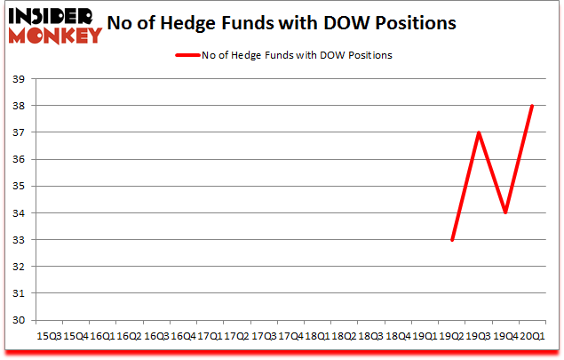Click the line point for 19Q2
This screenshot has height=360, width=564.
coord(453,240)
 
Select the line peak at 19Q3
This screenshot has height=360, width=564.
coord(479,132)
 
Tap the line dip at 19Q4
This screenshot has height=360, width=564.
coord(504,213)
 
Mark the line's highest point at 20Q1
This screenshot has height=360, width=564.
coord(531,106)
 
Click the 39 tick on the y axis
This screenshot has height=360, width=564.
coord(17,79)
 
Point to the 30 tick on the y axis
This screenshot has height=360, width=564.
coord(17,320)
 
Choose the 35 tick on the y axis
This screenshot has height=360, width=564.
coord(17,187)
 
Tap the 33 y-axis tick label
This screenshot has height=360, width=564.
coord(17,240)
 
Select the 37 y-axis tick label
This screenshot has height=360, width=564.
coord(17,132)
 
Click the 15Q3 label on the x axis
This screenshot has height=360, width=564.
coord(48,336)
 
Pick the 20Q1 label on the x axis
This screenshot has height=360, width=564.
coord(531,336)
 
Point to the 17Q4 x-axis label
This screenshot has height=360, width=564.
coord(290,336)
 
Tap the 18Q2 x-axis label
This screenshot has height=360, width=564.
coord(344,336)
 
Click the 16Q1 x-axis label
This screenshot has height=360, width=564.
coord(101,336)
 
